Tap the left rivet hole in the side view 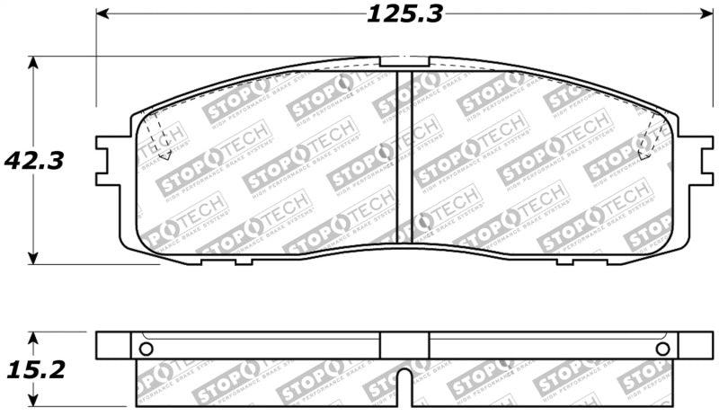pos(147,349)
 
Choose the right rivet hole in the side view pos(661,349)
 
